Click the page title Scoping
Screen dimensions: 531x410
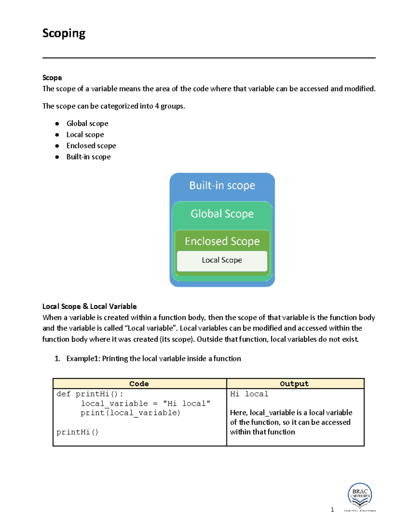tap(64, 34)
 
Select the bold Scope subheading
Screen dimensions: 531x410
tap(52, 78)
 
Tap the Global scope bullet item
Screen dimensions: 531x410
tap(87, 123)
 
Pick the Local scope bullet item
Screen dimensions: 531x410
tap(85, 135)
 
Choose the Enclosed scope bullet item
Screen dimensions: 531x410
tap(91, 146)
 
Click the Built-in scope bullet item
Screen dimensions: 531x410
tap(88, 157)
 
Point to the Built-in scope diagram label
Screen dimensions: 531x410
tap(222, 186)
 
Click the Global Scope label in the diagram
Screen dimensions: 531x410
tap(222, 214)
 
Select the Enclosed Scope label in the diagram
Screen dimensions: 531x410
tap(222, 241)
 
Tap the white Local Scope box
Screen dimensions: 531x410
tap(222, 261)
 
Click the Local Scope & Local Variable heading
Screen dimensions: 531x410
tap(90, 306)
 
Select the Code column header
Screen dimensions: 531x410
tap(139, 384)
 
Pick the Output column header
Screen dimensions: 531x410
tap(294, 384)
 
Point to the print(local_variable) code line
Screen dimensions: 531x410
tap(130, 413)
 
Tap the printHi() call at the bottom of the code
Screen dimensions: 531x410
tap(77, 432)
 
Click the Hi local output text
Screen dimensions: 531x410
tap(249, 394)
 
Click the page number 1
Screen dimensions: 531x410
tap(332, 510)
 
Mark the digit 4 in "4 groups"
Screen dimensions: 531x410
tap(157, 106)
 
